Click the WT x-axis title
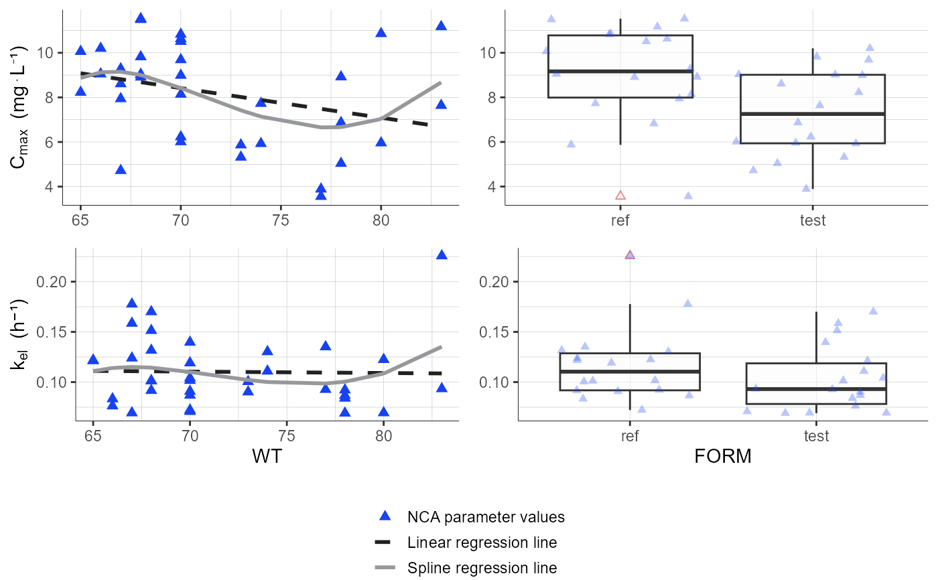point(267,457)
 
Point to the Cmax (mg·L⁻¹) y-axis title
point(21,107)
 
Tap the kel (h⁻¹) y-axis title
point(21,335)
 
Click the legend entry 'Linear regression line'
point(482,542)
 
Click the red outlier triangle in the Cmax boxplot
point(620,196)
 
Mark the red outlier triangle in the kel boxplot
point(630,255)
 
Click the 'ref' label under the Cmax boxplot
point(620,220)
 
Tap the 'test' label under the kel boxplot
point(816,437)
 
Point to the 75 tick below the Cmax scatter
point(281,220)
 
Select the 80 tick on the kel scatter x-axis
point(383,437)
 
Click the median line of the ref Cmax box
point(620,71)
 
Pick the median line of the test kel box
point(816,389)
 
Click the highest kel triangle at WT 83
point(442,255)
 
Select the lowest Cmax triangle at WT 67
point(121,169)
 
